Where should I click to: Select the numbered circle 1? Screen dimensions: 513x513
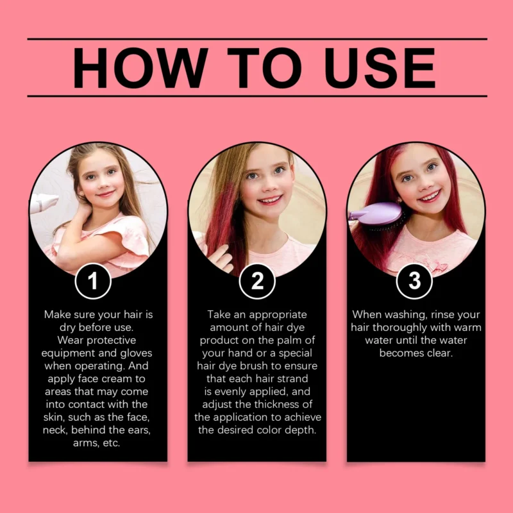click(x=93, y=281)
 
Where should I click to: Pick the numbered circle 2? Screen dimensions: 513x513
click(x=257, y=281)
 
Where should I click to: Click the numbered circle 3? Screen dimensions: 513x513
click(x=414, y=281)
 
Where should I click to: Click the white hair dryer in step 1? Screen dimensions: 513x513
click(x=44, y=202)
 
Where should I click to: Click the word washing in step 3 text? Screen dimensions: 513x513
click(x=405, y=315)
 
